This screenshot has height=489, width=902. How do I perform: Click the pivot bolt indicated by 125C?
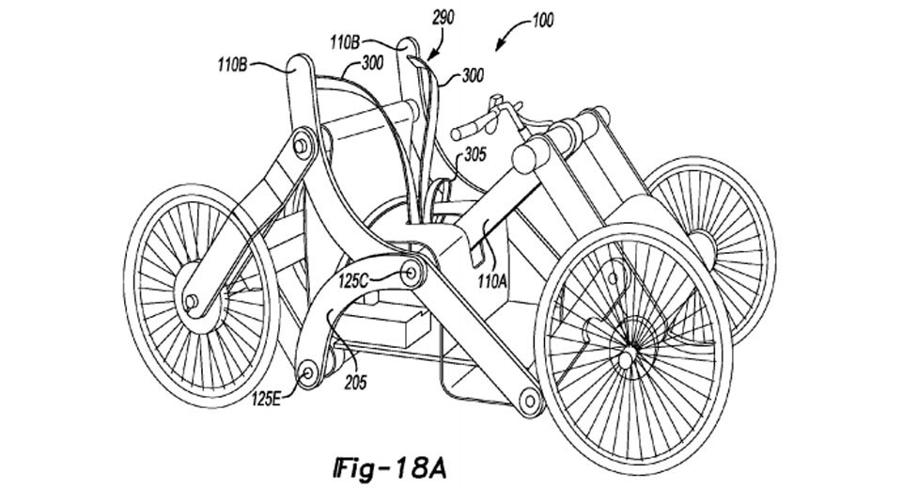point(410,274)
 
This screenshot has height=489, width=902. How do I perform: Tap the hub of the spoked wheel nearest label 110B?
point(192,301)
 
